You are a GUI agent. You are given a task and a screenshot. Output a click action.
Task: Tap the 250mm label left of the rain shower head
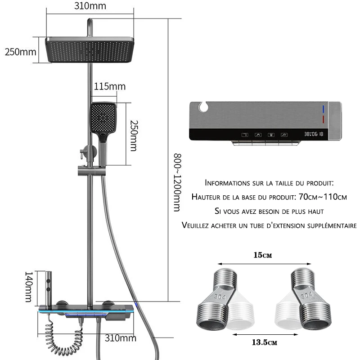point(20,51)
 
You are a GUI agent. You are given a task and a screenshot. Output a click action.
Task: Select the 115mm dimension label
point(110,86)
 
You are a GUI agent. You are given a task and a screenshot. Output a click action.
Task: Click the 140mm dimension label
point(29,287)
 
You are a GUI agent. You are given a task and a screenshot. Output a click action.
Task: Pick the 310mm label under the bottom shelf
point(121,337)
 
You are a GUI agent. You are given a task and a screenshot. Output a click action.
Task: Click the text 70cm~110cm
point(323,197)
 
